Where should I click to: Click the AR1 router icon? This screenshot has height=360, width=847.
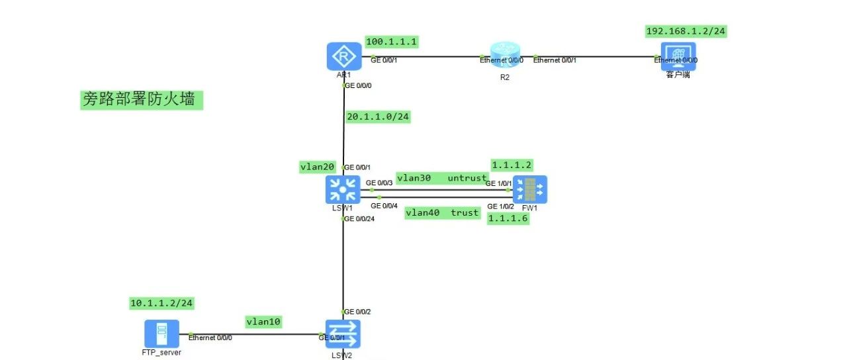pyautogui.click(x=344, y=56)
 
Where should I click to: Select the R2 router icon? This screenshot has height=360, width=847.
pyautogui.click(x=506, y=56)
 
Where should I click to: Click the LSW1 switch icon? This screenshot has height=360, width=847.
pyautogui.click(x=342, y=189)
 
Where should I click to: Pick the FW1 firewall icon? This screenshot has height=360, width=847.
pyautogui.click(x=530, y=189)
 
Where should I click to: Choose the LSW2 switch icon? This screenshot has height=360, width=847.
pyautogui.click(x=342, y=334)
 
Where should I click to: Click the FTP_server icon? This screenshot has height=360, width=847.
pyautogui.click(x=161, y=334)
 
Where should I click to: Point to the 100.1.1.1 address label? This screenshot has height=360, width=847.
pyautogui.click(x=392, y=42)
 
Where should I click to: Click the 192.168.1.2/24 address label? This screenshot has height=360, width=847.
pyautogui.click(x=686, y=31)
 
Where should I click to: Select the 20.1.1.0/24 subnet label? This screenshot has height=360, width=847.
pyautogui.click(x=378, y=117)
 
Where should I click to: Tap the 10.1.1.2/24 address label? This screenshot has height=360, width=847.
pyautogui.click(x=161, y=303)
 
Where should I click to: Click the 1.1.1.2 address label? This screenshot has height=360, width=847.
pyautogui.click(x=512, y=164)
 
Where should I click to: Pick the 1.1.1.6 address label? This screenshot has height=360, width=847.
pyautogui.click(x=508, y=219)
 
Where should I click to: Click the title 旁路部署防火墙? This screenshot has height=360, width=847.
pyautogui.click(x=138, y=99)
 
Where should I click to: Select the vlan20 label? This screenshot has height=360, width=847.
pyautogui.click(x=318, y=167)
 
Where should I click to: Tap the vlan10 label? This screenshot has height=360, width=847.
pyautogui.click(x=263, y=322)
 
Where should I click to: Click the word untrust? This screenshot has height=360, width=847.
pyautogui.click(x=467, y=178)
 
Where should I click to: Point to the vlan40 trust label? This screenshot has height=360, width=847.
pyautogui.click(x=442, y=212)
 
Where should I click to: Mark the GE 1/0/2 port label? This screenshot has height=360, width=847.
pyautogui.click(x=500, y=206)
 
